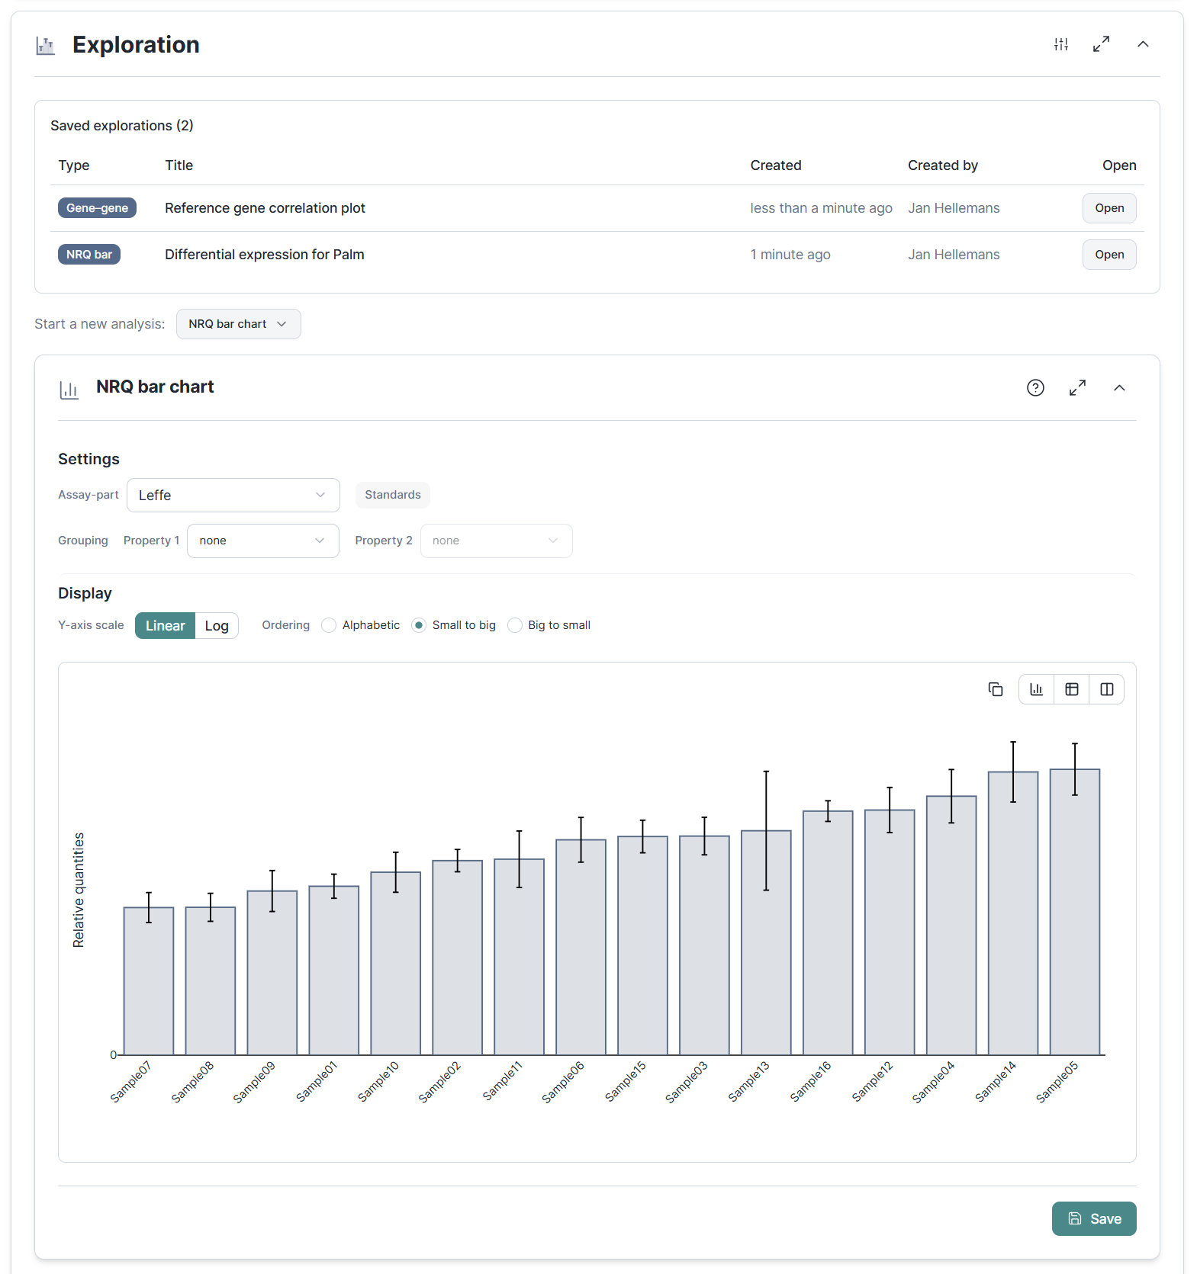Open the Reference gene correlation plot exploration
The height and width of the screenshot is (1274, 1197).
(1109, 208)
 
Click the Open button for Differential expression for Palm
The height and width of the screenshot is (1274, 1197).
(1109, 255)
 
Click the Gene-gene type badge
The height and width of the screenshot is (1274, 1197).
(97, 208)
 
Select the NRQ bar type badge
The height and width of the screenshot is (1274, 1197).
(89, 255)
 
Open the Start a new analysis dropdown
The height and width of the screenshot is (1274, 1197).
(238, 324)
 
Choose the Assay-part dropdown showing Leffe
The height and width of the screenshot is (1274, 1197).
(233, 496)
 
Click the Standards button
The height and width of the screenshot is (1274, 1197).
(392, 495)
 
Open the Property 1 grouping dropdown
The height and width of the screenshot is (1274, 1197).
(262, 541)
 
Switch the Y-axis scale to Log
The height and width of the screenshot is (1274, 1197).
(217, 626)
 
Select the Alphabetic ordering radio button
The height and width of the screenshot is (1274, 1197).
(329, 625)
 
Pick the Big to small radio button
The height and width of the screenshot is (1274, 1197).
(515, 625)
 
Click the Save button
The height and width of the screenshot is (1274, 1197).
(1093, 1218)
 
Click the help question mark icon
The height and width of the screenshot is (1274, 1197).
(1035, 388)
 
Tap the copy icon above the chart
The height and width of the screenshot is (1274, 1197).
(995, 689)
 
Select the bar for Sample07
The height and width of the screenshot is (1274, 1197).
(149, 981)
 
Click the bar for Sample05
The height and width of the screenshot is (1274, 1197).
(1074, 912)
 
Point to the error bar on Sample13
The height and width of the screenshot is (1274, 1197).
(766, 830)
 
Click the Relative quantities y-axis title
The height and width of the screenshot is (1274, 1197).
(79, 890)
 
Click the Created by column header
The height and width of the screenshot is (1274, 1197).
(942, 165)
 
